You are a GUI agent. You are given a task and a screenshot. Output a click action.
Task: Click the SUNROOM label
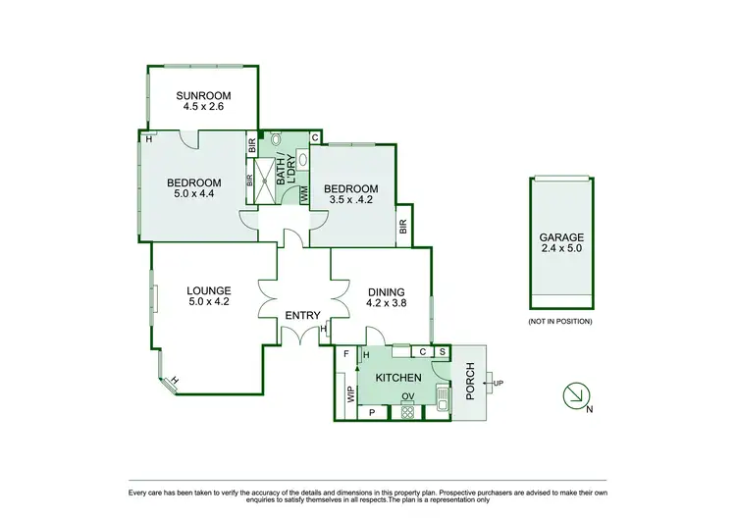coord(201,95)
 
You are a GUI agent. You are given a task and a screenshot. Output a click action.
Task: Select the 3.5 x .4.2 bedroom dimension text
coord(350,201)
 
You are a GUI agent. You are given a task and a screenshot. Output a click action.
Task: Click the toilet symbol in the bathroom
coord(275,141)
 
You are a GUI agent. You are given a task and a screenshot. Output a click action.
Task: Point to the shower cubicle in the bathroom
coord(267,181)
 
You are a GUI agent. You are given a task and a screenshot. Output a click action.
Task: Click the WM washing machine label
coord(303,195)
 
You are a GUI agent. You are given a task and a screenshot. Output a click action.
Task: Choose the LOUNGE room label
coord(208,290)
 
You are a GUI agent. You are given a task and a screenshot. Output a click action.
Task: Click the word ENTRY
coord(302,315)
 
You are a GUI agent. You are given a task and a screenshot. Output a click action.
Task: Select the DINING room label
coord(386,291)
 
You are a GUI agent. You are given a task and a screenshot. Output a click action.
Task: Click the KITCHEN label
coord(397,378)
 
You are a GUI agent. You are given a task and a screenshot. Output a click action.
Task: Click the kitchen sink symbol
coord(443,401)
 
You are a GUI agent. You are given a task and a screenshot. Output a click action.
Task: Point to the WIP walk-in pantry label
coord(348,394)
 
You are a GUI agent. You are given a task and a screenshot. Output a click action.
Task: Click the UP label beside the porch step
coord(499,383)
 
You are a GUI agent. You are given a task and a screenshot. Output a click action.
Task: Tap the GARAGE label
coord(560,237)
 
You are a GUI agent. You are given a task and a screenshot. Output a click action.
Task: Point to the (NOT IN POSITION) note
coord(559,321)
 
